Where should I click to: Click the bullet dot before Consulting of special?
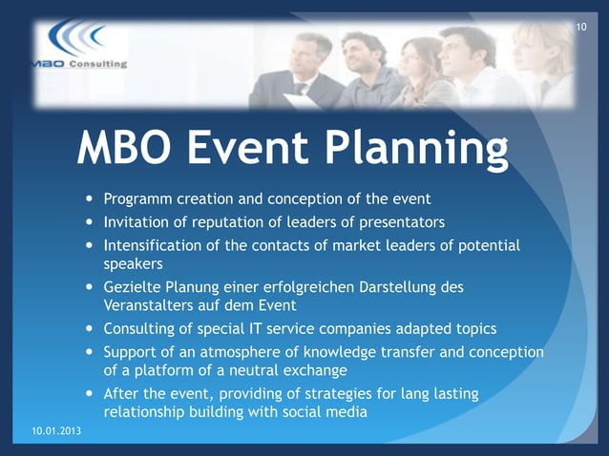tap(90, 329)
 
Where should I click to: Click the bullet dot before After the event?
tap(90, 394)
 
